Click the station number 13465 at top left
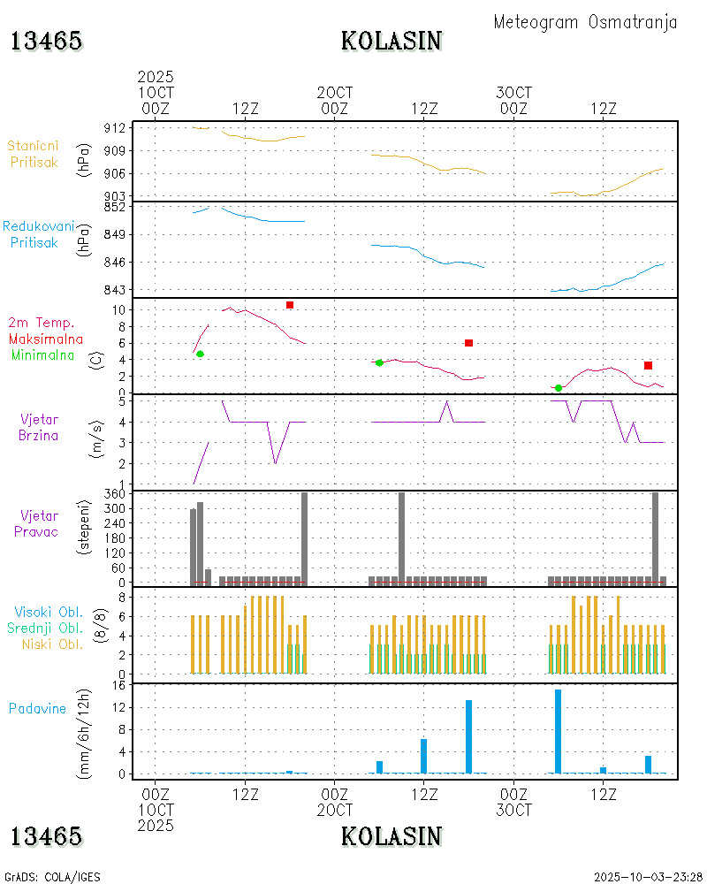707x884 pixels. tap(46, 41)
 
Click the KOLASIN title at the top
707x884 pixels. tap(392, 41)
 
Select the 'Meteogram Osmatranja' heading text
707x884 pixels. tap(585, 22)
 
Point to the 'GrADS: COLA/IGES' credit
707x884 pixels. tap(52, 877)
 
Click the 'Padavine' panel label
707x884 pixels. tap(37, 708)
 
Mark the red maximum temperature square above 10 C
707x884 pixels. tap(289, 305)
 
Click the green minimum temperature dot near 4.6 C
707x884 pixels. tap(200, 354)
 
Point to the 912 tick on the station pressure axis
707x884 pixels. tap(115, 128)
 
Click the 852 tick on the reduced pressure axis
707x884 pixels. tap(115, 207)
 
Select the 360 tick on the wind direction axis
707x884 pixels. tap(115, 495)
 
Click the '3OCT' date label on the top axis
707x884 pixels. tap(513, 93)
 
